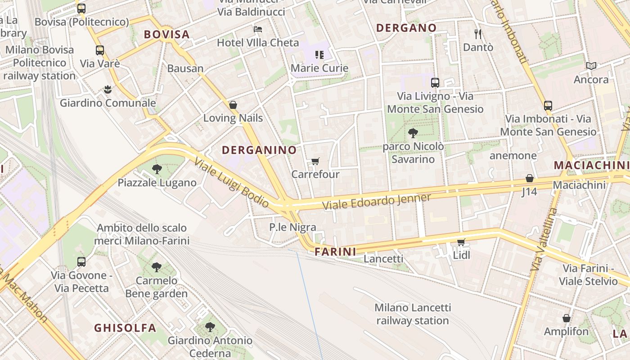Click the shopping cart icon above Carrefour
tap(315, 161)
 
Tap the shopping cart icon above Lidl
tap(461, 243)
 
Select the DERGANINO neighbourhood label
tap(259, 150)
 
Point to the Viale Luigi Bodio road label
tap(232, 183)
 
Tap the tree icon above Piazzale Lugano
tap(157, 169)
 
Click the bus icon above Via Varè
tap(100, 50)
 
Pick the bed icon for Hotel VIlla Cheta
tap(258, 29)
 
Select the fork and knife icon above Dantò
tap(478, 34)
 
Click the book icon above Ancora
tap(591, 66)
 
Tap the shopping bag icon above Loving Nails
tap(233, 105)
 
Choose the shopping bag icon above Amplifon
tap(566, 318)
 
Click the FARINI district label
tap(336, 252)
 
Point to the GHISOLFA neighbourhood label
tap(125, 328)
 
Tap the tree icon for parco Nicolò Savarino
tap(413, 133)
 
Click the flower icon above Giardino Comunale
tap(108, 90)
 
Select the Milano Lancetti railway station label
tap(413, 314)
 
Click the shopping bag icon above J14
tap(530, 178)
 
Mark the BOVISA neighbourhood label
tap(166, 34)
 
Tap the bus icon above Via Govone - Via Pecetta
tap(81, 262)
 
